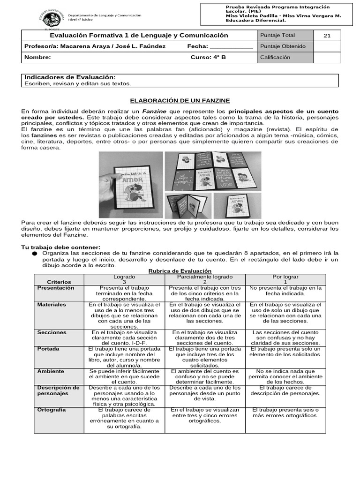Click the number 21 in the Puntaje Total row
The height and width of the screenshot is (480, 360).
(327, 36)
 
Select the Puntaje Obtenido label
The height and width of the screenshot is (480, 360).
(283, 46)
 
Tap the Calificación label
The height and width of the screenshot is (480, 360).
(275, 57)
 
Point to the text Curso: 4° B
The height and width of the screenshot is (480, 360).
(208, 57)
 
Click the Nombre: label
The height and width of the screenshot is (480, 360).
(37, 57)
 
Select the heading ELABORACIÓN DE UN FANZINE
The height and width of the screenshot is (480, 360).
(180, 101)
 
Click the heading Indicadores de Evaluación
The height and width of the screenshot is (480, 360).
(70, 77)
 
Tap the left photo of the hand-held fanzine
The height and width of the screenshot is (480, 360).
(130, 185)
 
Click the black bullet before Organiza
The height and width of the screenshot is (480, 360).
(34, 253)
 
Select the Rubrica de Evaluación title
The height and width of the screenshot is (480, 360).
(180, 271)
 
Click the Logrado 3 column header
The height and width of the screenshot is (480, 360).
(124, 279)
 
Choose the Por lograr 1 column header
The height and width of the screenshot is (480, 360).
(285, 279)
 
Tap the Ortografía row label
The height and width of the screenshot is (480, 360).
(52, 410)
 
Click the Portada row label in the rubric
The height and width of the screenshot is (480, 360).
(48, 349)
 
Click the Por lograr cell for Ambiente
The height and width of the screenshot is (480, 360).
(285, 376)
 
